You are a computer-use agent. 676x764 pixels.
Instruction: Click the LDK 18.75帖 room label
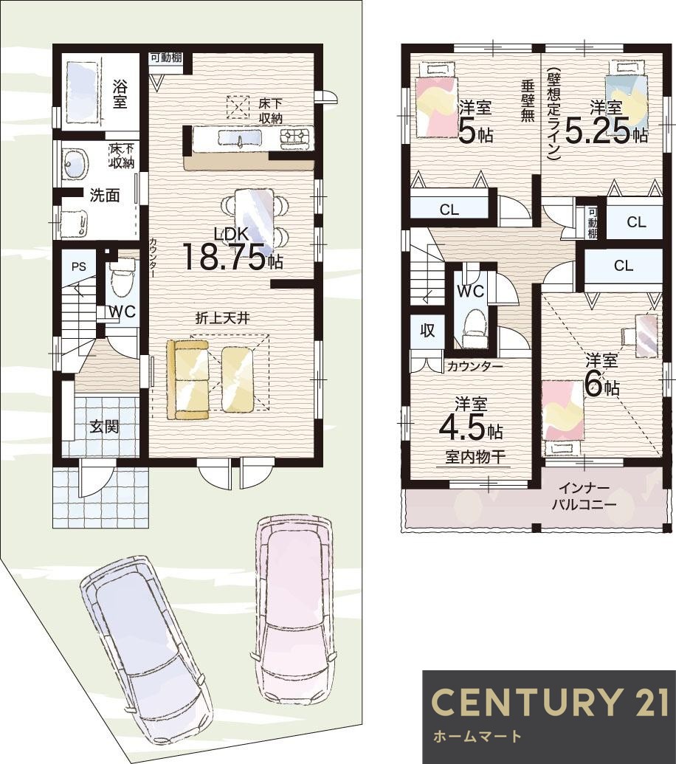(232, 249)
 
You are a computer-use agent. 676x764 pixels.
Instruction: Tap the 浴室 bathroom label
(120, 94)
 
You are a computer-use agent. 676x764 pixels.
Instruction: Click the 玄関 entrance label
(104, 427)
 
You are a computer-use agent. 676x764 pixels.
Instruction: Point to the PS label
(79, 266)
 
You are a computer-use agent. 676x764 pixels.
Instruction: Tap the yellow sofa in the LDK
(187, 379)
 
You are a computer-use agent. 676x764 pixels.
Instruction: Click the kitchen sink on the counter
(239, 138)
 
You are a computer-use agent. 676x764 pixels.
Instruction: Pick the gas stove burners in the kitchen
(296, 138)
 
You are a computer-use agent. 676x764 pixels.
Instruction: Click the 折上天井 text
(223, 318)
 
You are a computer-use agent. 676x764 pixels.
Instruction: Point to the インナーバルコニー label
(584, 496)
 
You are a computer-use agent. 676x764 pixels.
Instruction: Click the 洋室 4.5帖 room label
(472, 419)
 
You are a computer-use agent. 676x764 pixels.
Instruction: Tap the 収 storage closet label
(427, 331)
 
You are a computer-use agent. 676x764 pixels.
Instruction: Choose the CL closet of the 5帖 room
(449, 210)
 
